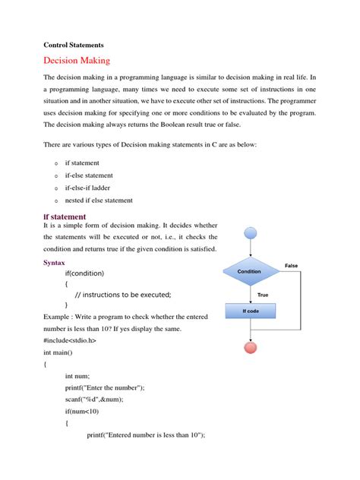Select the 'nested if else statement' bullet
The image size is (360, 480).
pos(99,201)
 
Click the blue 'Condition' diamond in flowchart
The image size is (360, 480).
pos(249,271)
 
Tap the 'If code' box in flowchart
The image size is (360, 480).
pos(249,311)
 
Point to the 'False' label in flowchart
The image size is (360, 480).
pos(292,265)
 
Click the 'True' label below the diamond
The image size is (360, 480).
pos(263,294)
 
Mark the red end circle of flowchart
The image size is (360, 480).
pos(249,348)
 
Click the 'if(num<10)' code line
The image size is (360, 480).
pos(82,411)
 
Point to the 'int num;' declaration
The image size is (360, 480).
pos(78,376)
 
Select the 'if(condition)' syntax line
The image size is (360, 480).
pos(95,273)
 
